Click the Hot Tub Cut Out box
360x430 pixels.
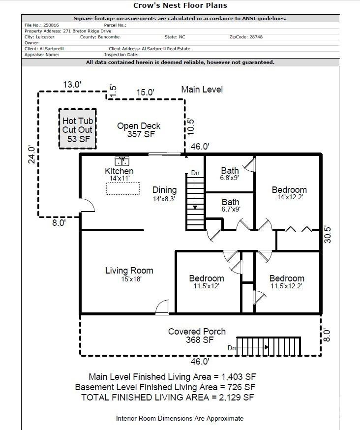coord(77,129)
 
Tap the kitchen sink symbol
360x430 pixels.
coord(121,161)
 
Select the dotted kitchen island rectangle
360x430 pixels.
coord(122,188)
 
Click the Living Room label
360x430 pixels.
coord(129,271)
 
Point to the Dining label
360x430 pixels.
coord(164,190)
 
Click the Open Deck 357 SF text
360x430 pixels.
coord(138,130)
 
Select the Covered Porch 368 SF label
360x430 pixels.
coord(197,336)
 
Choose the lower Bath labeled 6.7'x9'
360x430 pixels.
coord(230,205)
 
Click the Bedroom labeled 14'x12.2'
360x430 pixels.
coord(289,193)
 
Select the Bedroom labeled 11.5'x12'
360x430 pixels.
coord(207,282)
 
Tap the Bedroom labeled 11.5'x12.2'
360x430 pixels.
coord(286,281)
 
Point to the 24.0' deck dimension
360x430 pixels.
coord(32,154)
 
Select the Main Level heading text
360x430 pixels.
coord(202,90)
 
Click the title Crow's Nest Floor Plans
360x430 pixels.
coord(180,6)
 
